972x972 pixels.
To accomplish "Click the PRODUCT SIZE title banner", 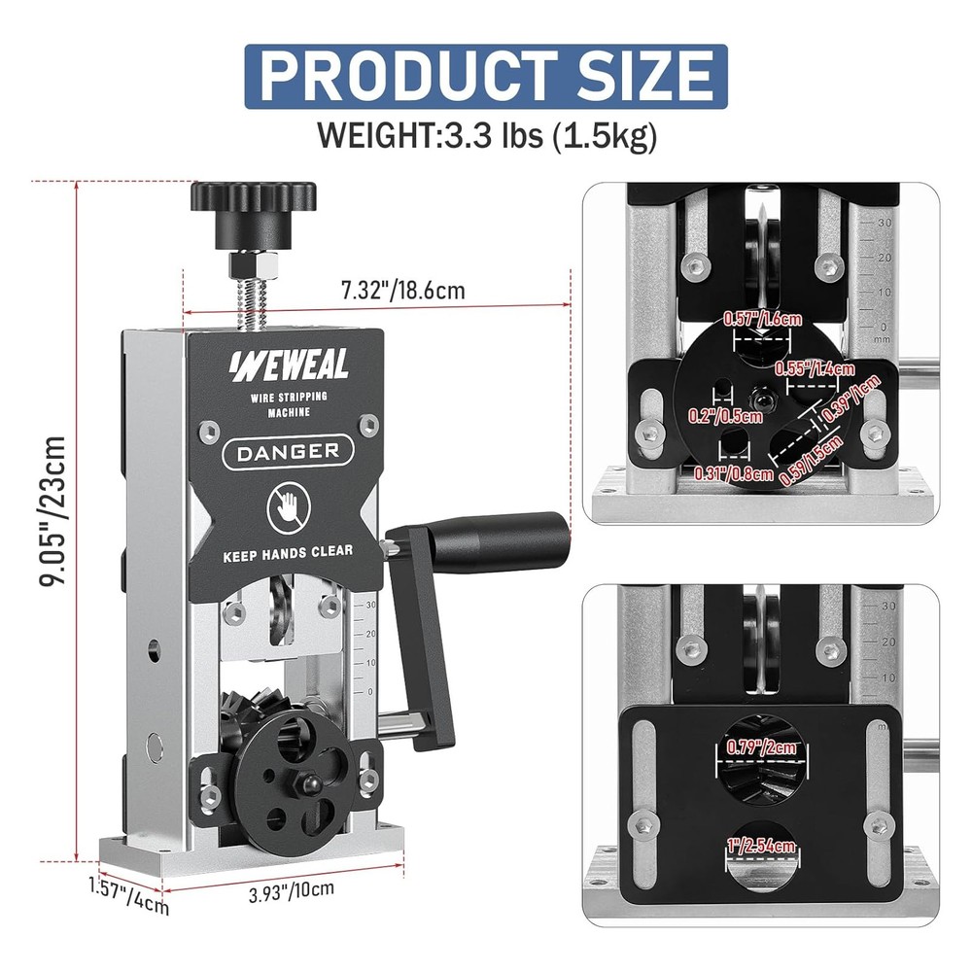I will click(x=485, y=75).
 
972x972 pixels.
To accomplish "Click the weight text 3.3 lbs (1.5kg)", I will click(x=487, y=135).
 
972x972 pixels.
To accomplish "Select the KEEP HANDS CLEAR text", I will click(x=288, y=552).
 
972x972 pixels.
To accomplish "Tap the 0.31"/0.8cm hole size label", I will click(x=734, y=474).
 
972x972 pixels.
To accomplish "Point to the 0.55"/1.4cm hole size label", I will click(x=815, y=368).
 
